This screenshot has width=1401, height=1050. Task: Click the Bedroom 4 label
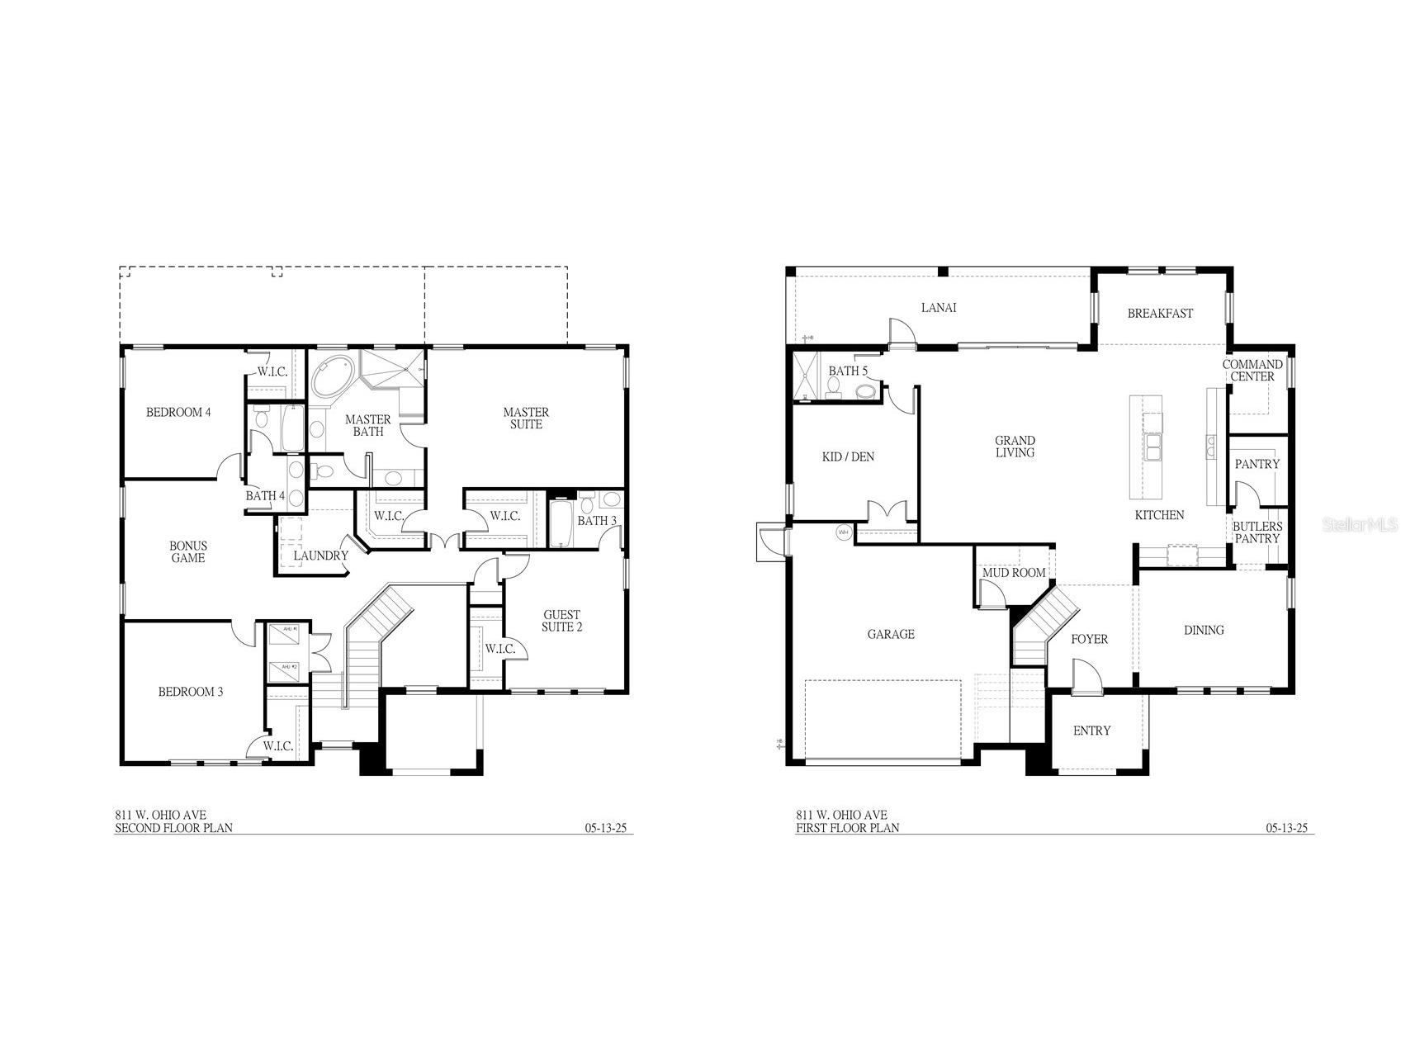coord(178,412)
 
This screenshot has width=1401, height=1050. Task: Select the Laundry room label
coord(320,556)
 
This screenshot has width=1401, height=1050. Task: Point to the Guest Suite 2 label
coord(561,621)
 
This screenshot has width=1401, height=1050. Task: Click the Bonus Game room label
coord(188,551)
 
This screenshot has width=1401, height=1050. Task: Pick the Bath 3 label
coord(596,521)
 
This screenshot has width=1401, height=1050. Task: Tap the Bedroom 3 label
coord(191,692)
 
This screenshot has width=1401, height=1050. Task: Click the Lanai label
coord(939,308)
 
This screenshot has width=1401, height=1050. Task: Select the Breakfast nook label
coord(1160,314)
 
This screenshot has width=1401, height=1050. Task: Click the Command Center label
coord(1252,370)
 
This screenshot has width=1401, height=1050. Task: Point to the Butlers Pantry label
coord(1257,532)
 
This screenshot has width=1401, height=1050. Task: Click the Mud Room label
coord(1013,573)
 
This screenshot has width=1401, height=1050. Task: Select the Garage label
coord(891,635)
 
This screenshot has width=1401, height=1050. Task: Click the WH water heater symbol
coord(844,532)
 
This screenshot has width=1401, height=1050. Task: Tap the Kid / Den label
coord(848,456)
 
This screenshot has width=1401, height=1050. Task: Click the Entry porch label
coord(1091,731)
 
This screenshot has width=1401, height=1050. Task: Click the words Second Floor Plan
coord(173,828)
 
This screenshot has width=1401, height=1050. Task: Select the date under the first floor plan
coord(1286,828)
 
